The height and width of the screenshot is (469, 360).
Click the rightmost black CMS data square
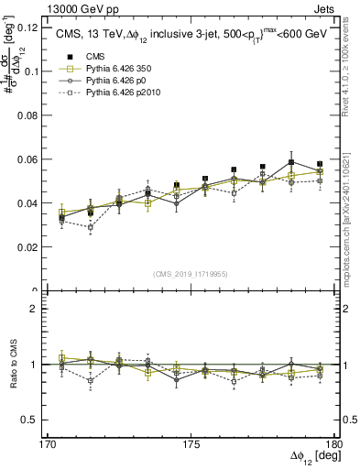320,165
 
